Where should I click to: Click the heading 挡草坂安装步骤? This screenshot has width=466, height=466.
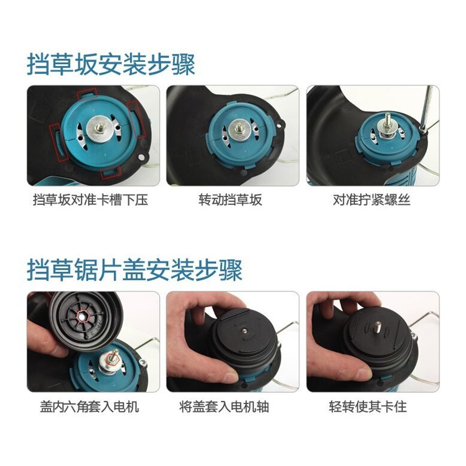(111, 64)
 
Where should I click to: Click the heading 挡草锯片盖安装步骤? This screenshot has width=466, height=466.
(135, 270)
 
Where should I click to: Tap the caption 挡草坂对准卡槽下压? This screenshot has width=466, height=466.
(91, 200)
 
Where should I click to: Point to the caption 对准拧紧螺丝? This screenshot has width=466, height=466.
(371, 200)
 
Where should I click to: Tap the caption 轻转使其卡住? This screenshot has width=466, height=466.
(368, 406)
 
